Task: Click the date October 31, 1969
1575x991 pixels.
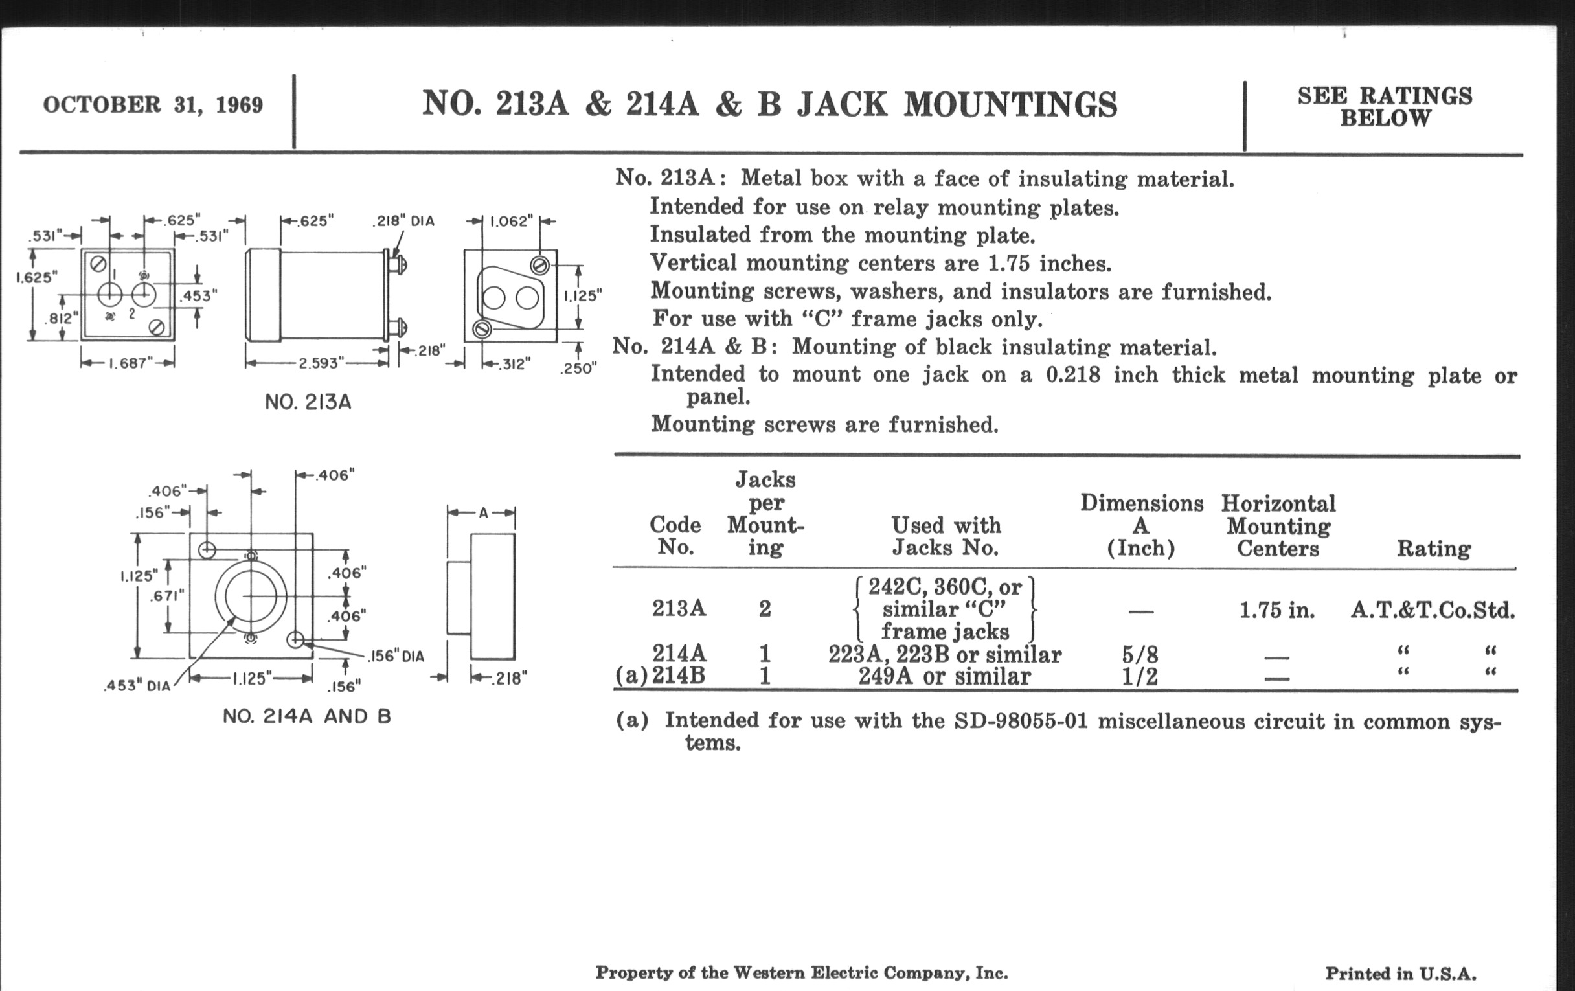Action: [x=153, y=105]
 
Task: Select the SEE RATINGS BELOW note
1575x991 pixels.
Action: [x=1385, y=107]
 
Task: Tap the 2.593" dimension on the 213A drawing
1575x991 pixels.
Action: [x=318, y=363]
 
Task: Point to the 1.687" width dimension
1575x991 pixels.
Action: [x=128, y=363]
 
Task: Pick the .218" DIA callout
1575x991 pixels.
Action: [x=403, y=221]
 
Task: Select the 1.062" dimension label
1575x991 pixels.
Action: [x=512, y=221]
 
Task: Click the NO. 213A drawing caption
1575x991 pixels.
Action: [x=308, y=402]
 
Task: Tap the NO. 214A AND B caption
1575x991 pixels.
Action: [x=307, y=716]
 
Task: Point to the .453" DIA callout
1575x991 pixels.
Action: [x=137, y=685]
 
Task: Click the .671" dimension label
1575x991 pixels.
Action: [x=167, y=596]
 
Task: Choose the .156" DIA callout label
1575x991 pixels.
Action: [x=396, y=656]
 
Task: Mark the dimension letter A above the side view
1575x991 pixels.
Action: [x=482, y=514]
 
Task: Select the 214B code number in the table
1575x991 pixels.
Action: [x=678, y=675]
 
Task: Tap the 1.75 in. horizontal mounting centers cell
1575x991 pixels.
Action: [x=1276, y=610]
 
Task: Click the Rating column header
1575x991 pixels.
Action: [x=1434, y=548]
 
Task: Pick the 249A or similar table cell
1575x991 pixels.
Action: [x=944, y=676]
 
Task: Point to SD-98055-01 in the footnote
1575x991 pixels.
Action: [x=1021, y=721]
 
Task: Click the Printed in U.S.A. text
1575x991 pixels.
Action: [x=1401, y=974]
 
